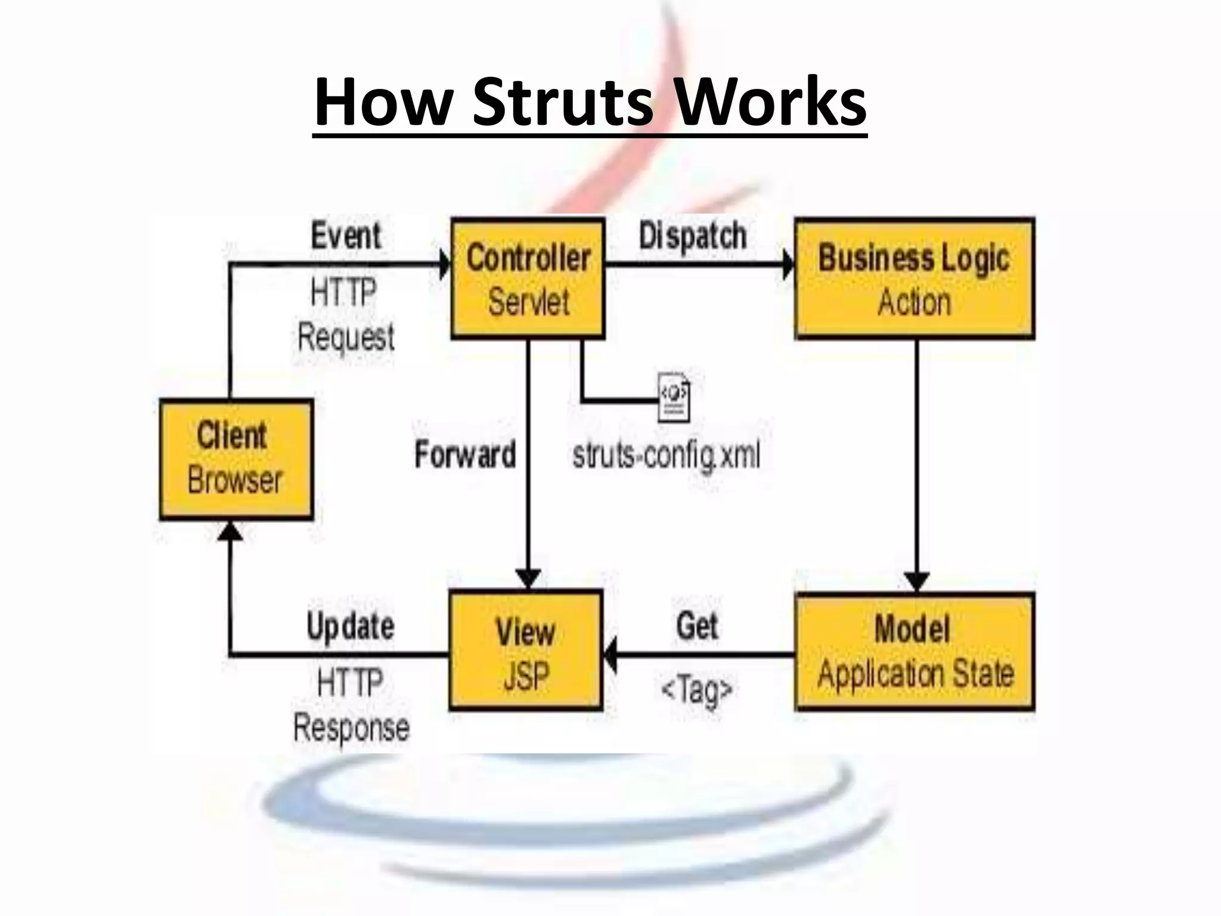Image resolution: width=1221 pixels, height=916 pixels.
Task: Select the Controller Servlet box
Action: (x=528, y=279)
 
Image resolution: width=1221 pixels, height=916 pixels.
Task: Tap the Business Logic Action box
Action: (x=915, y=279)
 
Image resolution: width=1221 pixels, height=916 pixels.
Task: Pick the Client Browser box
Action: (x=236, y=459)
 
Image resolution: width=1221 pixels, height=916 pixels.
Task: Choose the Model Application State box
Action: (x=915, y=652)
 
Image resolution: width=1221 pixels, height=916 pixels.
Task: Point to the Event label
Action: (x=346, y=236)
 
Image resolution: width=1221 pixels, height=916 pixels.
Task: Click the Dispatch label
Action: (x=692, y=236)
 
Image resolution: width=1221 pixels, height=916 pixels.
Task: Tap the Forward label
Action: (x=465, y=455)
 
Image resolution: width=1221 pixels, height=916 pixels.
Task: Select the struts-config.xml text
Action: (x=666, y=456)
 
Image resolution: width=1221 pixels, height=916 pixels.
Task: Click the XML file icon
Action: (x=674, y=397)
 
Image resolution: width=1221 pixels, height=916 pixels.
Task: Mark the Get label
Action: (x=697, y=626)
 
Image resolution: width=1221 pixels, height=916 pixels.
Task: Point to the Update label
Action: (x=351, y=627)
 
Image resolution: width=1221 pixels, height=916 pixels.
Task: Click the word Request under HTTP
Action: (x=346, y=338)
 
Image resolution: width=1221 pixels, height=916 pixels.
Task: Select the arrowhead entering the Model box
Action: (x=916, y=581)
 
